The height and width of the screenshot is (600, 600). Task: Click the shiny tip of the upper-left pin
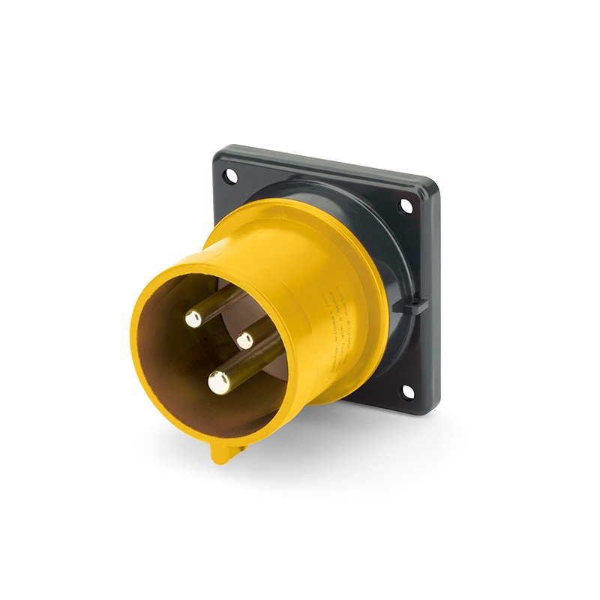(193, 319)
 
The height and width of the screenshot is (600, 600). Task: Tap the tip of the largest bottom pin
(219, 383)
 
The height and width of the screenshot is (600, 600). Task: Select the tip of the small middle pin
(245, 340)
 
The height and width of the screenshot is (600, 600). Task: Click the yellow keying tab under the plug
(223, 452)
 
